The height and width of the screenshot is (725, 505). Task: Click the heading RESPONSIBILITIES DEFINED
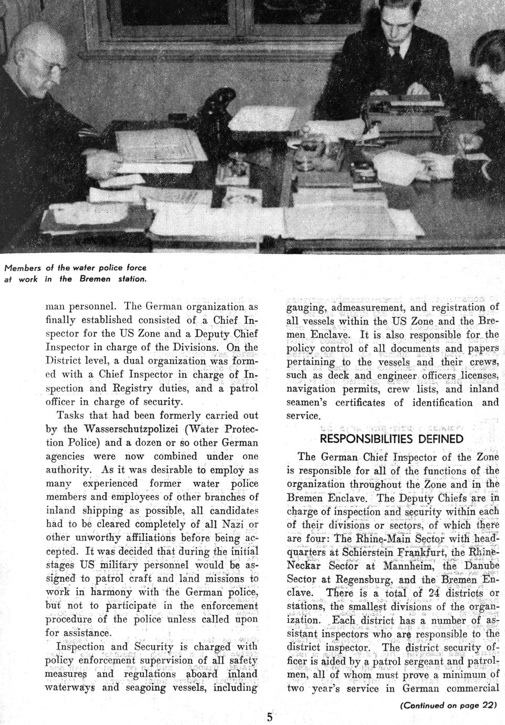click(x=392, y=439)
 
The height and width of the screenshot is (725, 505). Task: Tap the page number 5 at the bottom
click(x=269, y=717)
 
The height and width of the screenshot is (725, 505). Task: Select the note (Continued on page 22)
click(x=448, y=705)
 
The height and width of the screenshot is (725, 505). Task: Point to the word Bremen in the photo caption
click(x=94, y=279)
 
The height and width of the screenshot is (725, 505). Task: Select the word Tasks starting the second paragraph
click(x=71, y=415)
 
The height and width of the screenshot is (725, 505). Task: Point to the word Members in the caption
click(x=22, y=268)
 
